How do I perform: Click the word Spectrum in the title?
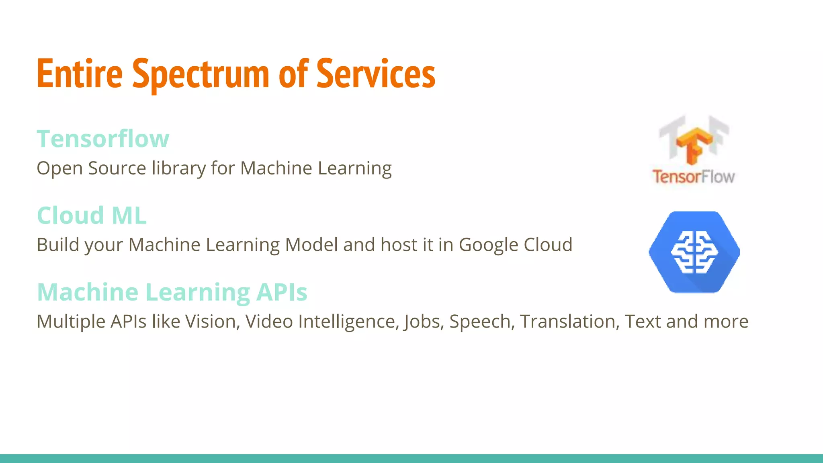coord(201,74)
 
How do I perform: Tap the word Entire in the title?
coord(80,74)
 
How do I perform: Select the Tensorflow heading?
coord(103,139)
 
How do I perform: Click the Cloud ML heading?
coord(92,215)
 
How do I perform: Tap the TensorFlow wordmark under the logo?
coord(694,177)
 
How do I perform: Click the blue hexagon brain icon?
coord(694,252)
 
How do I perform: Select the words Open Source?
coord(91,168)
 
